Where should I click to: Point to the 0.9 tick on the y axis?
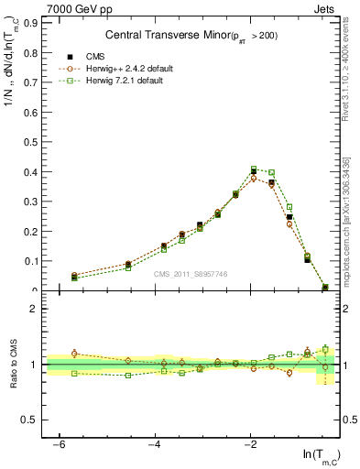pos(28,23)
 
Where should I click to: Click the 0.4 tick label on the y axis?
pos(28,171)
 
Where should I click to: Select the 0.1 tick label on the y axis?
pos(28,261)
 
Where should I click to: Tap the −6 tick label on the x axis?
pos(59,443)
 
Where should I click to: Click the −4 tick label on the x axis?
pos(155,443)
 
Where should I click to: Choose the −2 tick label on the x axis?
pos(251,443)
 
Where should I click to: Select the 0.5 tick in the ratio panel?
pos(28,420)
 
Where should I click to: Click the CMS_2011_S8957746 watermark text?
pos(190,274)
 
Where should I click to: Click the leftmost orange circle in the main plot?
pos(74,275)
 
